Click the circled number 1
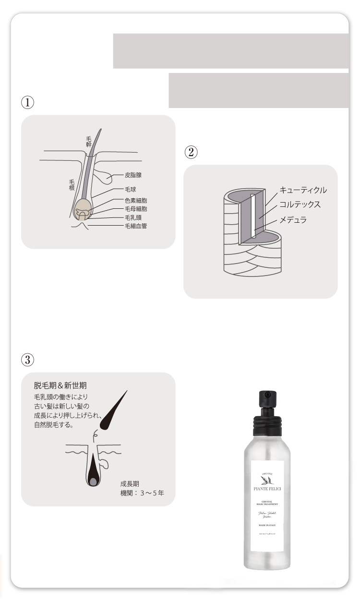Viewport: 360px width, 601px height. [x=26, y=102]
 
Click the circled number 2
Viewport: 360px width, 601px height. [x=190, y=152]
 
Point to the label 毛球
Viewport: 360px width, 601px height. [x=131, y=190]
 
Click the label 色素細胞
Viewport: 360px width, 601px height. [x=136, y=201]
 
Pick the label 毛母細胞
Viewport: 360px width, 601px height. [x=136, y=209]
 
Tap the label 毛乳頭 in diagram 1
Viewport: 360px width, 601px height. [x=133, y=217]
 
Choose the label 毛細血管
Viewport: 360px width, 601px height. [x=136, y=225]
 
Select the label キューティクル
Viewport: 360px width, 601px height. [x=303, y=190]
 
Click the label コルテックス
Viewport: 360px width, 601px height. [x=300, y=205]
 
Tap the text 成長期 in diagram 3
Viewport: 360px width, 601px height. [x=130, y=483]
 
